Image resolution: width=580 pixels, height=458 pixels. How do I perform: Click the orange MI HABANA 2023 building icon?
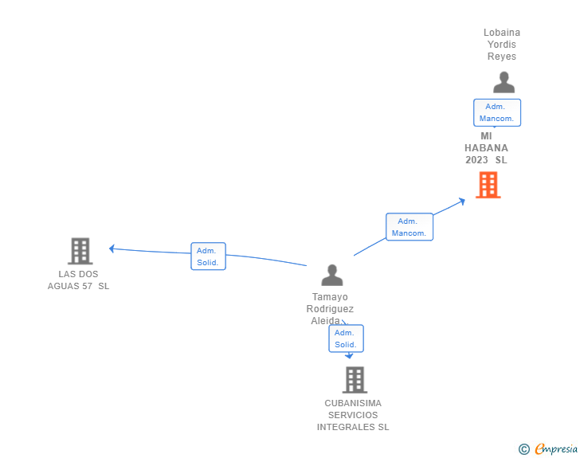tap(488, 185)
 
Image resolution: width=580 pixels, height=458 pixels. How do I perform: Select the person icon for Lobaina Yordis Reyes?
tap(504, 82)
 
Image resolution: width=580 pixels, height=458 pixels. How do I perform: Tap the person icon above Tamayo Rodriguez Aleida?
tap(332, 276)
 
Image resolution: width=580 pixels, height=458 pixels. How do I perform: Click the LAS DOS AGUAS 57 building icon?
tap(80, 251)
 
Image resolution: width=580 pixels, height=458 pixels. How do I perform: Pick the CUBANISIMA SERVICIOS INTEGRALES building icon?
tap(355, 380)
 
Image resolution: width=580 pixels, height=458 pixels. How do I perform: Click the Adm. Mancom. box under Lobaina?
tap(497, 112)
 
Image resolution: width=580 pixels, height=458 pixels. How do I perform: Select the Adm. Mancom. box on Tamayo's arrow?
tap(410, 227)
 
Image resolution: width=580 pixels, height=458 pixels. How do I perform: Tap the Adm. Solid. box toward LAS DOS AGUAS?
tap(208, 256)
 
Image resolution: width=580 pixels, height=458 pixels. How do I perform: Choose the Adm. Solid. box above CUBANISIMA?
tap(347, 339)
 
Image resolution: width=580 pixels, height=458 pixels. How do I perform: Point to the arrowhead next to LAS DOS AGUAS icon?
tap(112, 249)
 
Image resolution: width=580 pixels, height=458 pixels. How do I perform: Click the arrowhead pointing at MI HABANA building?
tap(461, 201)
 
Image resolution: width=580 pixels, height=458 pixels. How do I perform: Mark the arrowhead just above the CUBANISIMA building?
tap(349, 356)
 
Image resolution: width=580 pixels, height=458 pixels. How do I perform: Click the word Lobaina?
tap(502, 33)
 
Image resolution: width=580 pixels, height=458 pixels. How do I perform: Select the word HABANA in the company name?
tap(486, 148)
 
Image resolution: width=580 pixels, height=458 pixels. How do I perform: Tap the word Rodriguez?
tap(330, 308)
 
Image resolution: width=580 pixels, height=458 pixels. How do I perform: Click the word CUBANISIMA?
tap(353, 403)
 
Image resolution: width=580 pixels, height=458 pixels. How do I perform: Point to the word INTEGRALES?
tap(346, 427)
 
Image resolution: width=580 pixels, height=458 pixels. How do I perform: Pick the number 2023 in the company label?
tap(476, 160)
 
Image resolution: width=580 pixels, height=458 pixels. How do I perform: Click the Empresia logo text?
tap(556, 448)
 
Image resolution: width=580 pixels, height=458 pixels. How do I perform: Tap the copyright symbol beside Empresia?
tap(523, 449)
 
